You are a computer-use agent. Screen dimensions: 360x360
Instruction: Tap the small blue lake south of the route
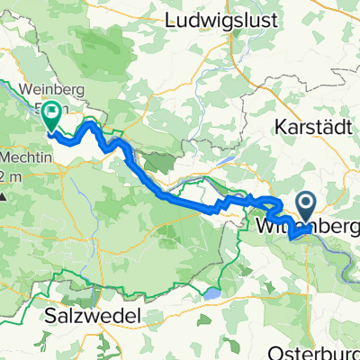point(212,293)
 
